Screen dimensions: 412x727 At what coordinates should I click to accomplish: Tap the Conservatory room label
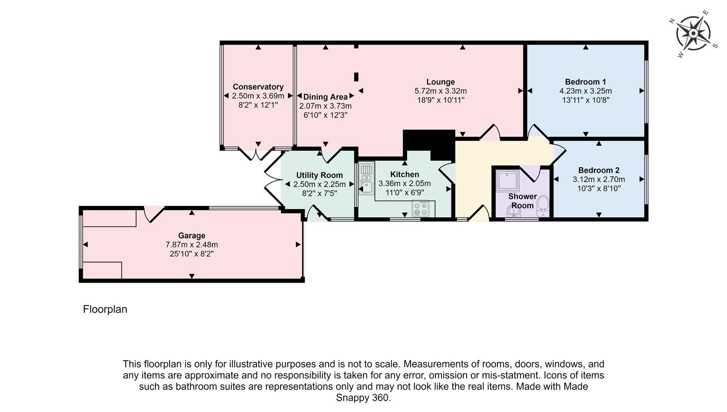tap(258, 87)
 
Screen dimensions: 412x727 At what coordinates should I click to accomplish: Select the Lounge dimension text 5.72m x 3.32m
tap(440, 91)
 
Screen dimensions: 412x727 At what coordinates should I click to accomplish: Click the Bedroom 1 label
tap(585, 82)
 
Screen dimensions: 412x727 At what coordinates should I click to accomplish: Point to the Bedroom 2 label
tap(599, 170)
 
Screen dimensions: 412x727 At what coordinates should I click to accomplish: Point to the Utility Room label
tap(319, 175)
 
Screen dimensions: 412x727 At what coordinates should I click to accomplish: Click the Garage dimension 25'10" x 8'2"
tap(191, 254)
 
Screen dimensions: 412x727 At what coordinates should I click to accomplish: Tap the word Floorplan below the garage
tap(105, 309)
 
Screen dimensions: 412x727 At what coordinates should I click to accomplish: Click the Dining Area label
tap(325, 97)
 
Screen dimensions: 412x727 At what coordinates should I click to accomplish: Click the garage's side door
tap(154, 214)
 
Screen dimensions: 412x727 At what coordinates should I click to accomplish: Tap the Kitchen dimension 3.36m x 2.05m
tap(404, 184)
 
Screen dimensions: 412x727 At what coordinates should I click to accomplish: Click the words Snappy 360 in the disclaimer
tap(363, 398)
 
